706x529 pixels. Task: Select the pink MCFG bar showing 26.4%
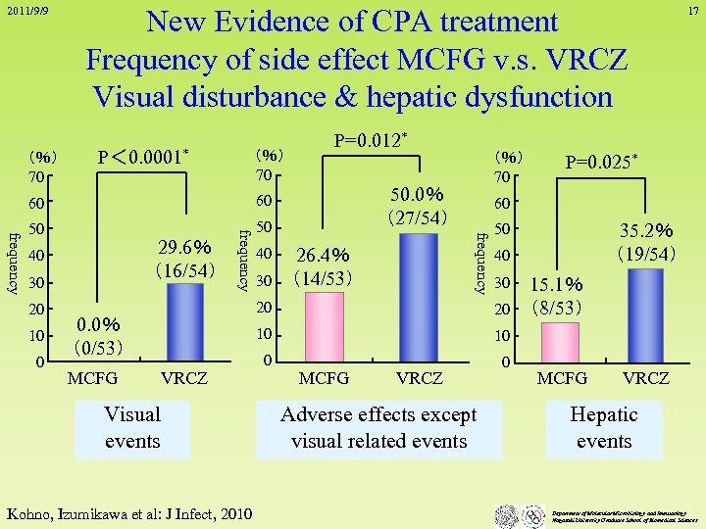(x=324, y=329)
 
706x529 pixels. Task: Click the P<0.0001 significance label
(x=142, y=159)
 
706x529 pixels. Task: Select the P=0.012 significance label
(x=370, y=141)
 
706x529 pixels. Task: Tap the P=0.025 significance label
(x=605, y=162)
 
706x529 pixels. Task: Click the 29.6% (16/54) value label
(x=185, y=258)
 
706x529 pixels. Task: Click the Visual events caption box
(x=132, y=428)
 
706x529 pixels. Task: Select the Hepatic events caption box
(x=604, y=428)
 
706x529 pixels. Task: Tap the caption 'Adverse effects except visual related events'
(x=378, y=428)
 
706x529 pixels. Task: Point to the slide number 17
(x=692, y=11)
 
